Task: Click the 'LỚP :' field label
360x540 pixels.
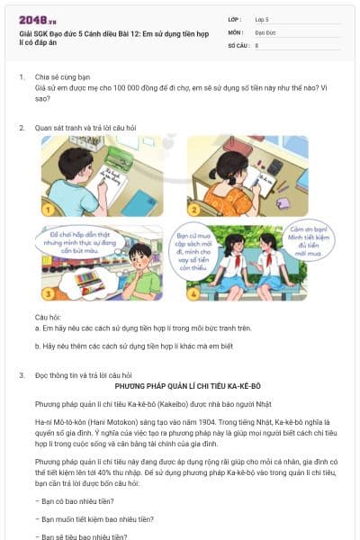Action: coord(235,18)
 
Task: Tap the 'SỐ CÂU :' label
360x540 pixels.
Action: coord(238,44)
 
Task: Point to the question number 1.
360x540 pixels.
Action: coord(21,77)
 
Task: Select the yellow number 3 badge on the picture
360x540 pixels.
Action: coord(48,293)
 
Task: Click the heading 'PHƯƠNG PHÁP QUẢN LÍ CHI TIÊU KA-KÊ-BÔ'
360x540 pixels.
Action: coord(180,384)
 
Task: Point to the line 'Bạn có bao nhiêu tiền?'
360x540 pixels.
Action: coord(73,501)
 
